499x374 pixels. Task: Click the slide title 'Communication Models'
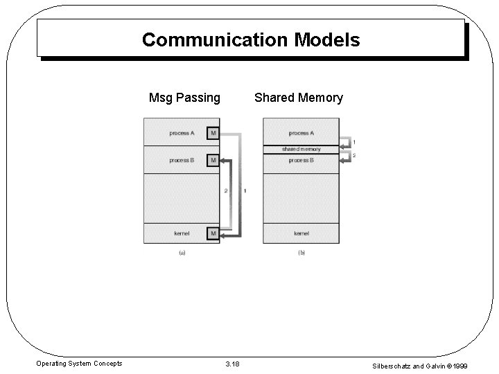pos(251,39)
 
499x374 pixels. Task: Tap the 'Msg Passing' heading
pos(184,98)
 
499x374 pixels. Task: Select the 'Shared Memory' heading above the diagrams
pos(298,98)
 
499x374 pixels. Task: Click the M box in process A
pos(213,133)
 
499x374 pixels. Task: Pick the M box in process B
pos(213,160)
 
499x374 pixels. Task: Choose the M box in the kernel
pos(213,233)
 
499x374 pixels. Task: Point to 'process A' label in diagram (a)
pos(182,133)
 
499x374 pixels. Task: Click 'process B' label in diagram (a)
pos(182,160)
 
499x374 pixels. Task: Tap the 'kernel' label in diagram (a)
pos(182,233)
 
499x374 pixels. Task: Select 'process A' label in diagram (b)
pos(301,133)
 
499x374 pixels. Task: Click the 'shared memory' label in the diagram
pos(301,149)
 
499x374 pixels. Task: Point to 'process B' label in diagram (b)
pos(301,160)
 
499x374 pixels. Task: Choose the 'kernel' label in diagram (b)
pos(301,233)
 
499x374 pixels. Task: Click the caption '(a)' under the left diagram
pos(182,253)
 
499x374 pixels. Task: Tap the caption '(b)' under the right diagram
pos(301,253)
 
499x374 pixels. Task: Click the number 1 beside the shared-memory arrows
pos(355,143)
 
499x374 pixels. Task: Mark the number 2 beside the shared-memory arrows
pos(355,156)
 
